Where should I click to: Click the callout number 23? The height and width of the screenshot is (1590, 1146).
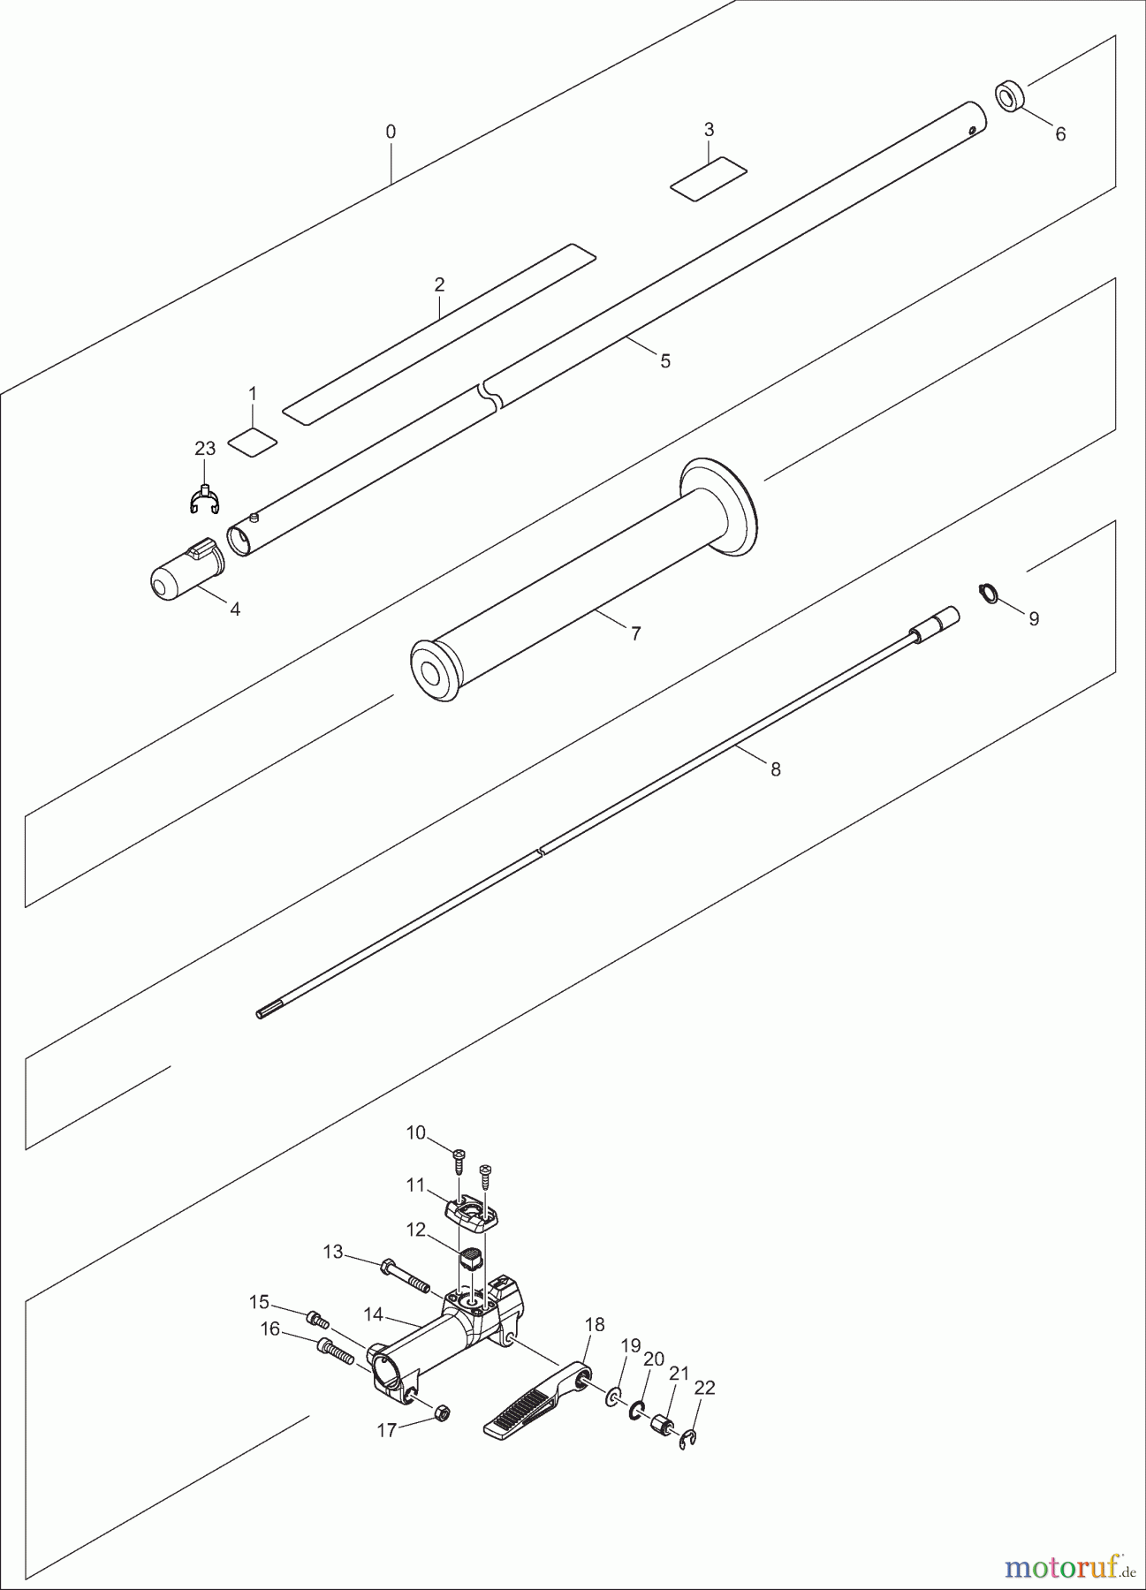[x=205, y=449]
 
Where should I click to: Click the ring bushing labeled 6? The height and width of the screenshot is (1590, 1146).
[x=1009, y=95]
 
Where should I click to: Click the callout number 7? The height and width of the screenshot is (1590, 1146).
[x=635, y=633]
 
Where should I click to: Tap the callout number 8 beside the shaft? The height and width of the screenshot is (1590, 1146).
[x=776, y=769]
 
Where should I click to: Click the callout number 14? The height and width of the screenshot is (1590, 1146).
[x=373, y=1314]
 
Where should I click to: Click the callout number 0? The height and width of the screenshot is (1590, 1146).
[x=391, y=132]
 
